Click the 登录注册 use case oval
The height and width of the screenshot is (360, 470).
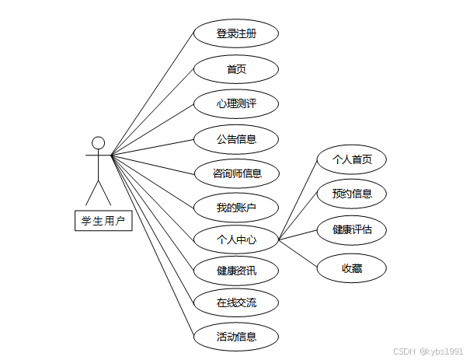(236, 34)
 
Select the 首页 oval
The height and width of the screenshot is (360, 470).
(236, 70)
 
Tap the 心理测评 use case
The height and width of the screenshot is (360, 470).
(236, 104)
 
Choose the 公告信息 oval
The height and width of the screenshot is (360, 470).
(236, 139)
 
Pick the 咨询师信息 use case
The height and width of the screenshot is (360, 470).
(236, 173)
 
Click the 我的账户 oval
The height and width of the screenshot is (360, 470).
(236, 208)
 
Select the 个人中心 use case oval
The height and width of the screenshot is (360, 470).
(236, 240)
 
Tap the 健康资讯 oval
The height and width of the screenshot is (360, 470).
(236, 271)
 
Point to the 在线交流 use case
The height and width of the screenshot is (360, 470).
(236, 302)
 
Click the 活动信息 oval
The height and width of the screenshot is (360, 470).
(236, 337)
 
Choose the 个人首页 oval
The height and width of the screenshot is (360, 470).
(351, 159)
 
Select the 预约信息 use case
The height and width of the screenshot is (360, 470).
(351, 194)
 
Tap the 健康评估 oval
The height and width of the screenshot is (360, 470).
(351, 229)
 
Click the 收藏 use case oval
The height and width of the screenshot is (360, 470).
(351, 268)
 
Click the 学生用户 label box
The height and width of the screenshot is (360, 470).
(103, 221)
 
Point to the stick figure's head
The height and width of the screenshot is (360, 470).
(98, 142)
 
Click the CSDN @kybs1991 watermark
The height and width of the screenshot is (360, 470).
(429, 351)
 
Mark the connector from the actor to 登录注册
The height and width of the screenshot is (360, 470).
(153, 93)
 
